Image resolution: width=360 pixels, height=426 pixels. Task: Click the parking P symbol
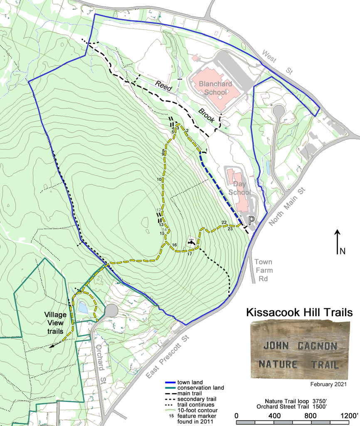point(251,221)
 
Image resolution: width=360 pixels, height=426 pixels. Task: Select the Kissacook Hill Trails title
point(299,312)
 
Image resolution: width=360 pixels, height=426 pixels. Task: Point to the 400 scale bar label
point(274,415)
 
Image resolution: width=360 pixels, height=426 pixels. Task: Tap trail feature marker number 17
point(190,253)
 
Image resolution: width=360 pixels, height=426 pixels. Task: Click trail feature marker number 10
point(159,179)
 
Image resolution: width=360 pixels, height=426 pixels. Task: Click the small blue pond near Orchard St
point(83,308)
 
